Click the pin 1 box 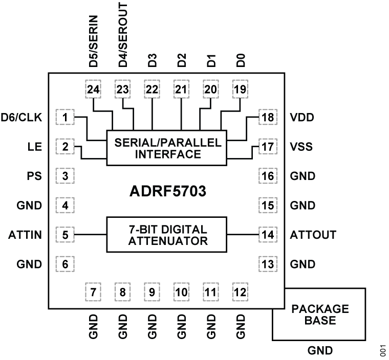[x=65, y=118]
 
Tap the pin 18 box [x=267, y=118]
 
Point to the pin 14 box [x=267, y=235]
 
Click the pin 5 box [x=65, y=235]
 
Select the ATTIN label [x=25, y=235]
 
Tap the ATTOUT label [x=312, y=235]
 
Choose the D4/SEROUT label [x=123, y=33]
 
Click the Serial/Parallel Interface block [x=167, y=148]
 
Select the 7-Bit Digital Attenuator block [x=167, y=235]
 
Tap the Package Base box [x=319, y=314]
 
